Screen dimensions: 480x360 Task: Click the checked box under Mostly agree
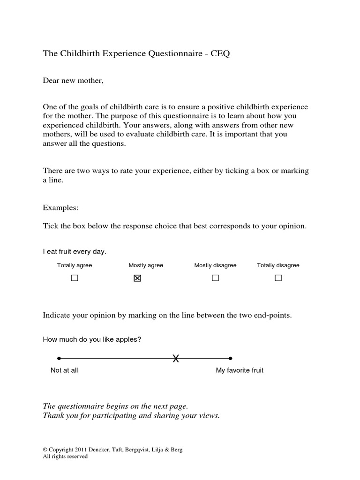pyautogui.click(x=137, y=278)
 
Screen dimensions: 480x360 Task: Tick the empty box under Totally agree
pyautogui.click(x=75, y=278)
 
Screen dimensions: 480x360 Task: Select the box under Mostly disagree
pyautogui.click(x=215, y=278)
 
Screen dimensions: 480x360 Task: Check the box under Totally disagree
pyautogui.click(x=278, y=278)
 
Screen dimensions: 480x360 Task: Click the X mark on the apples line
pyautogui.click(x=176, y=359)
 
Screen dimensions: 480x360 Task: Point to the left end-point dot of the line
pyautogui.click(x=59, y=359)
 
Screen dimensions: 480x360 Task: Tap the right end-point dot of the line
pyautogui.click(x=231, y=359)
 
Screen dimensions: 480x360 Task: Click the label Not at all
pyautogui.click(x=64, y=370)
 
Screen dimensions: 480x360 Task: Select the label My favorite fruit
pyautogui.click(x=240, y=370)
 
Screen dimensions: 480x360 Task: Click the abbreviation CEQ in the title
pyautogui.click(x=220, y=54)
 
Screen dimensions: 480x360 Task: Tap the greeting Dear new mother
pyautogui.click(x=73, y=81)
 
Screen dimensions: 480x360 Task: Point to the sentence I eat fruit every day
pyautogui.click(x=75, y=252)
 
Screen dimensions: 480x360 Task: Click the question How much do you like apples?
pyautogui.click(x=92, y=339)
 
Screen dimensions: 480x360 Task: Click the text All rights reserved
pyautogui.click(x=65, y=456)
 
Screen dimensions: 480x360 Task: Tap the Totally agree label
pyautogui.click(x=75, y=265)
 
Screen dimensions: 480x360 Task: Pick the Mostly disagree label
pyautogui.click(x=215, y=265)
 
